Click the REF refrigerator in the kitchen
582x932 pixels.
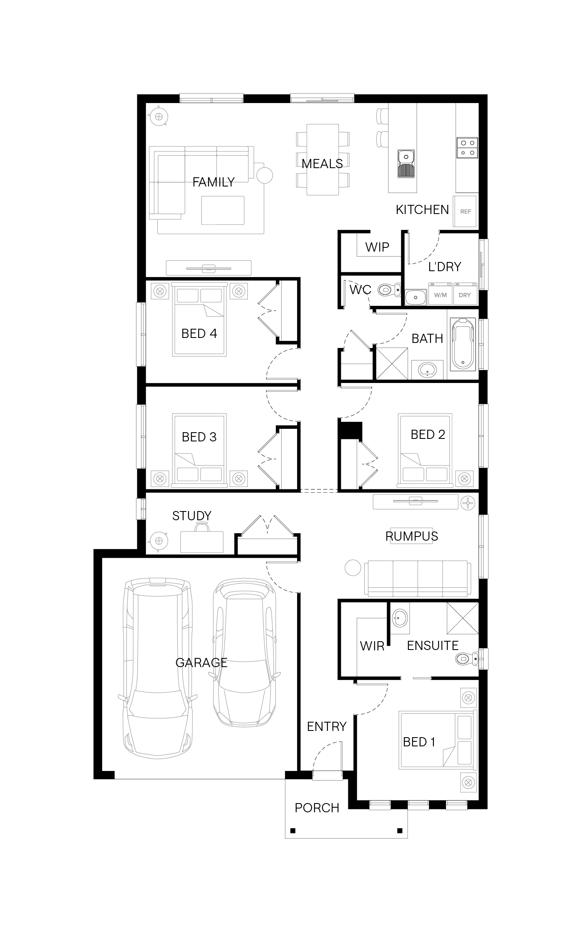[x=465, y=211]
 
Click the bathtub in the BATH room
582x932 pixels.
[x=463, y=344]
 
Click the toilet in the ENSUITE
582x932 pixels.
[x=466, y=659]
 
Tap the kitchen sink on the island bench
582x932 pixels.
[x=406, y=164]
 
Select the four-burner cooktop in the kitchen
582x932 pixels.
[x=467, y=148]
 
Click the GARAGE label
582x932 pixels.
[x=202, y=662]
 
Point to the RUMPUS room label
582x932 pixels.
[x=412, y=536]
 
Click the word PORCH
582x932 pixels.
[x=317, y=808]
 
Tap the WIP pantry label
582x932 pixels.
[x=377, y=247]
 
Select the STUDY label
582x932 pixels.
[x=192, y=516]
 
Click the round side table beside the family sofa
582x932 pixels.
[x=265, y=175]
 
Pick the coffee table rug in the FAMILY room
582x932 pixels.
[x=223, y=210]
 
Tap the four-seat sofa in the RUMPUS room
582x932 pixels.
[x=418, y=578]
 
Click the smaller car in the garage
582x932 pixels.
[x=245, y=653]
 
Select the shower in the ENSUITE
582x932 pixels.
[x=463, y=618]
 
